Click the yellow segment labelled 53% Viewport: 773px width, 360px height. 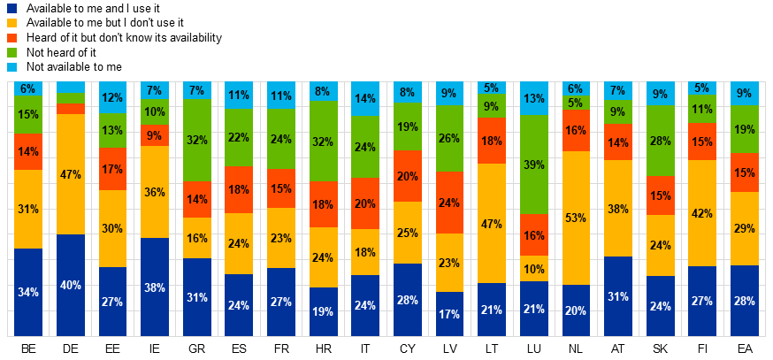[576, 218]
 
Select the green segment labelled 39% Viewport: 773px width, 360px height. [533, 165]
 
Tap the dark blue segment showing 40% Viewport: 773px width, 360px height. [71, 285]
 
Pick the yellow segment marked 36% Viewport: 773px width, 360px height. [155, 192]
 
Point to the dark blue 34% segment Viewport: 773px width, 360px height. [28, 292]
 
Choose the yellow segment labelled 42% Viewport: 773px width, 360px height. [702, 213]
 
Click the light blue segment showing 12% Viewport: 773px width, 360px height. [112, 97]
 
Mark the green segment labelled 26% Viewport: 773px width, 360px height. [449, 139]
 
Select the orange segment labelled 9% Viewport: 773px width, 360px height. [155, 136]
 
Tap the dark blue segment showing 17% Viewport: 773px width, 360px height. [449, 313]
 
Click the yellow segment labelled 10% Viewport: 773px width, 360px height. [533, 269]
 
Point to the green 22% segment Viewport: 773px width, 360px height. [239, 137]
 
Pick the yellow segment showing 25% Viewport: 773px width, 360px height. [407, 233]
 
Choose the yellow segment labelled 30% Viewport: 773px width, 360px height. [112, 228]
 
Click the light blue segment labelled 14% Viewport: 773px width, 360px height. [365, 99]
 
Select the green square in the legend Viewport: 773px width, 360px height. [11, 52]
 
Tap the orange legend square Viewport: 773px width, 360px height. [11, 38]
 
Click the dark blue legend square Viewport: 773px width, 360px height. [11, 8]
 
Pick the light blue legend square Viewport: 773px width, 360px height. [11, 67]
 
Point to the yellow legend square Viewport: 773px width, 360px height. [11, 23]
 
